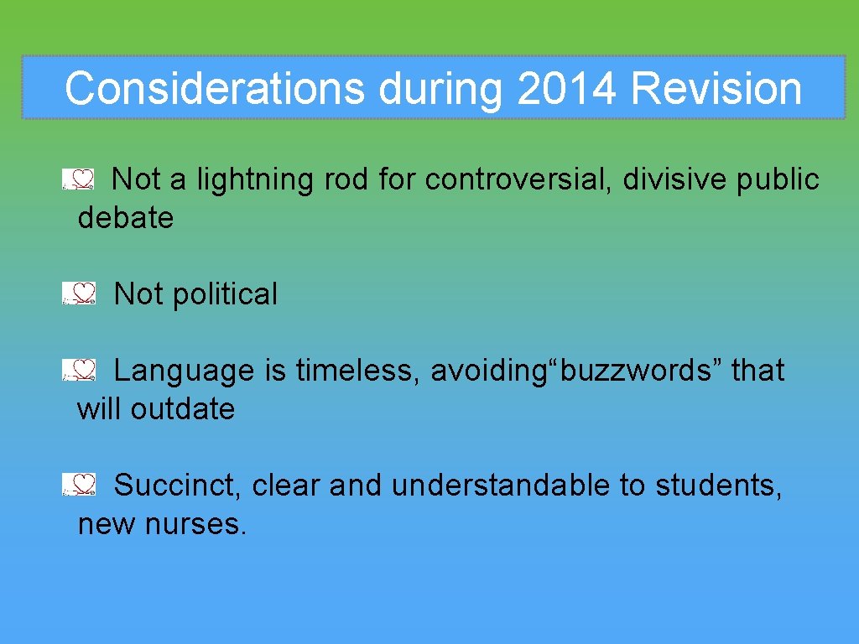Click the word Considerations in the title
pyautogui.click(x=214, y=88)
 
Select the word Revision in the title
pyautogui.click(x=716, y=88)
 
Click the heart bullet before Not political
pyautogui.click(x=80, y=293)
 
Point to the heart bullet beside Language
pyautogui.click(x=80, y=370)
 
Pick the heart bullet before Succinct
pyautogui.click(x=80, y=484)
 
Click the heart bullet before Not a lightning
pyautogui.click(x=80, y=179)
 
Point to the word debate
pyautogui.click(x=125, y=218)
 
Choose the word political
pyautogui.click(x=224, y=294)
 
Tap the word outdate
pyautogui.click(x=182, y=409)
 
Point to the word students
pyautogui.click(x=718, y=485)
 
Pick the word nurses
pyautogui.click(x=196, y=524)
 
